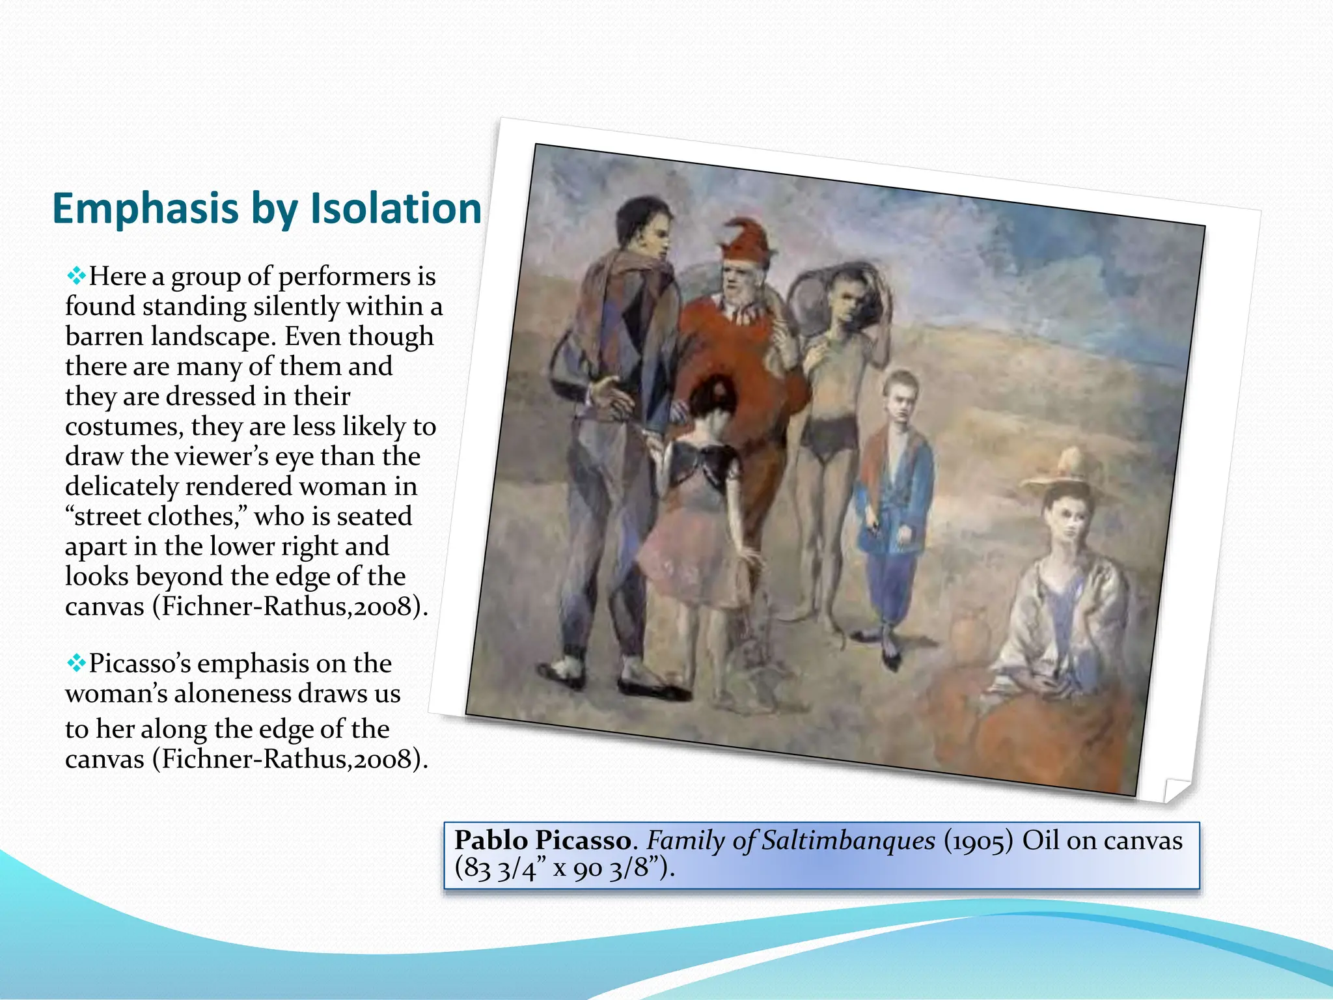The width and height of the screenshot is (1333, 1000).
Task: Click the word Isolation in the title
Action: pos(395,208)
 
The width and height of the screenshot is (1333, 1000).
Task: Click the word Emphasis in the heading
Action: pos(145,210)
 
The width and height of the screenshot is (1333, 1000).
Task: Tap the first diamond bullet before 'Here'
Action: pos(76,277)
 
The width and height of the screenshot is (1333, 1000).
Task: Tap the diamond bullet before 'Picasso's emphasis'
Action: pos(76,663)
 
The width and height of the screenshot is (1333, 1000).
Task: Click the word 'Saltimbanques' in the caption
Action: pos(848,840)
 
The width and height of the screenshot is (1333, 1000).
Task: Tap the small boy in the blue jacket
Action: pos(895,495)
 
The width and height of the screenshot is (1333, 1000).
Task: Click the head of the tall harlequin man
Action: pos(644,228)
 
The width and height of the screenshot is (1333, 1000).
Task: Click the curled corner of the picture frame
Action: pos(1175,789)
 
